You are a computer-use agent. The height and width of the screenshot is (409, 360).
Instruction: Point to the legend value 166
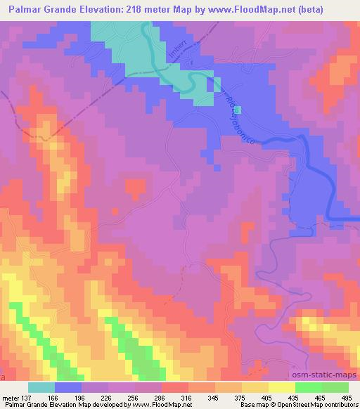(53, 397)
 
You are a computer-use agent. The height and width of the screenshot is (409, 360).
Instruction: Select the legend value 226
(96, 397)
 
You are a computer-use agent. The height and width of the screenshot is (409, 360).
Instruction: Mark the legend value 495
(347, 397)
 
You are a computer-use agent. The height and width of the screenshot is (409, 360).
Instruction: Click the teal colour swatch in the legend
(41, 387)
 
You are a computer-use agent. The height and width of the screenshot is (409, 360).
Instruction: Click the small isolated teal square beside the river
(237, 110)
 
